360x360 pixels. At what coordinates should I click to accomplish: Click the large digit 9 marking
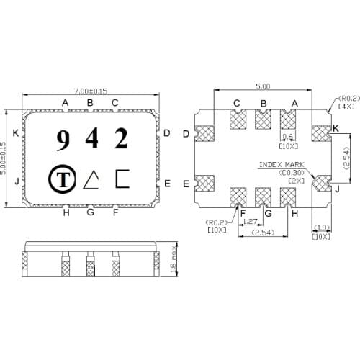(x=63, y=140)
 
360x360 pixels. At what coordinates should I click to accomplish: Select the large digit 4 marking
(x=91, y=139)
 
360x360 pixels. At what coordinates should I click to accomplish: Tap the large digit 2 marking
(x=121, y=138)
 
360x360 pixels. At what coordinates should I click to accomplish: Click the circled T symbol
(x=63, y=179)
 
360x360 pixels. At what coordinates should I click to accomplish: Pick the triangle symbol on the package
(x=92, y=179)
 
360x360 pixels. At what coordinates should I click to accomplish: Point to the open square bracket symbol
(x=122, y=179)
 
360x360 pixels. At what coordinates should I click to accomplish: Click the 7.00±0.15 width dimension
(x=91, y=91)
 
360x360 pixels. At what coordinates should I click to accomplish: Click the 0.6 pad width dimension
(x=288, y=136)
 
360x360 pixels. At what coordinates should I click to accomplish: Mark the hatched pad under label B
(x=263, y=120)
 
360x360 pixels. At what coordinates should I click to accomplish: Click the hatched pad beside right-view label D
(x=206, y=134)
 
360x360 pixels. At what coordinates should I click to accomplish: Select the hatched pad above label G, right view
(x=263, y=197)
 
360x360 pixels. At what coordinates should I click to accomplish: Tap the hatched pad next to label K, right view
(x=320, y=134)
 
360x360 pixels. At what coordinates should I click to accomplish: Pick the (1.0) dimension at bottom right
(x=320, y=228)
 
